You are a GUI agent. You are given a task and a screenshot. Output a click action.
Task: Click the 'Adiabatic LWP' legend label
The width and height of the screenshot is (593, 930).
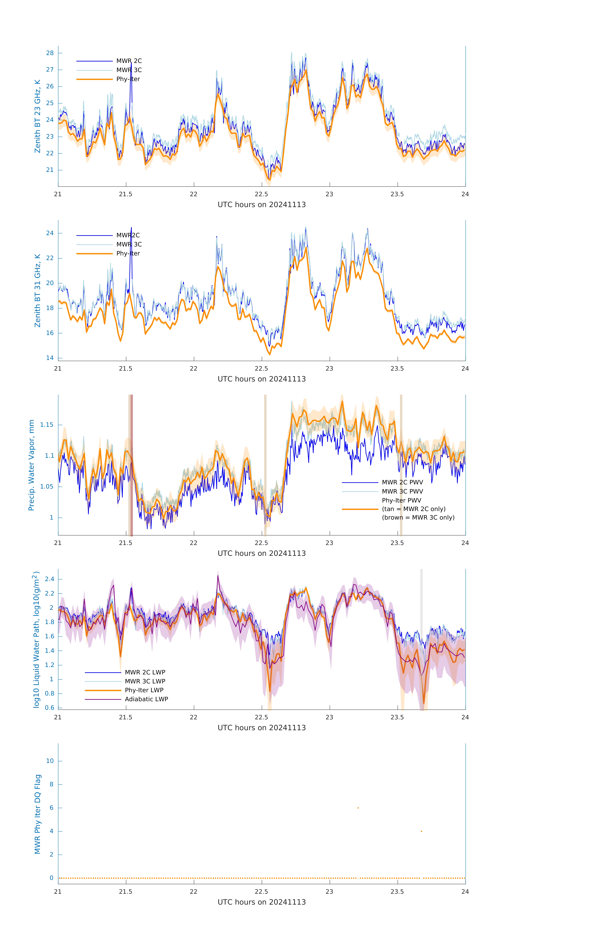point(146,699)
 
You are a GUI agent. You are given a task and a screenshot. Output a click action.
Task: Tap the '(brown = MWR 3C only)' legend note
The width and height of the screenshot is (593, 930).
point(418,518)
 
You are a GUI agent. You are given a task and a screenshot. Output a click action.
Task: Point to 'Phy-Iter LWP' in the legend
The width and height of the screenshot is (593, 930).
point(144,690)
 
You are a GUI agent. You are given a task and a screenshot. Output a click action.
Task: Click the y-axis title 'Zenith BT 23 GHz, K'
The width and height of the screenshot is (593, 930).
point(38,116)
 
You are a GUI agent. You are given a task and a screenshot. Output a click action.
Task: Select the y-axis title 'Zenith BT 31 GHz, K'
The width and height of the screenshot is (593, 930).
point(38,290)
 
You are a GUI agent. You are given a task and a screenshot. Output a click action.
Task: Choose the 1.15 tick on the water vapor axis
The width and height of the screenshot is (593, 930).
point(47,425)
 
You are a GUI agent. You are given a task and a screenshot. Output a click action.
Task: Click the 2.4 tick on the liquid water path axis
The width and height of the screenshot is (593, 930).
point(49,579)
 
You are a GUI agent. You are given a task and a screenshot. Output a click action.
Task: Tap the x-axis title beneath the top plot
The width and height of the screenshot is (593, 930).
point(262,205)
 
